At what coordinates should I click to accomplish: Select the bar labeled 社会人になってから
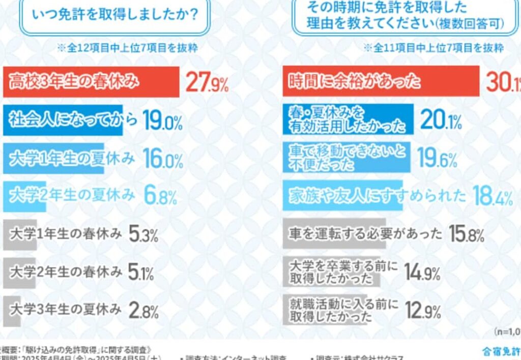(63, 121)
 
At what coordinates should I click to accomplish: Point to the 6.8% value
(160, 195)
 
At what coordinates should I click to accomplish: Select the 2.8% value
(143, 310)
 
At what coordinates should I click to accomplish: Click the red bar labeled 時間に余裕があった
(381, 81)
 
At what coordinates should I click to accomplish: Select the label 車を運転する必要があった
(365, 234)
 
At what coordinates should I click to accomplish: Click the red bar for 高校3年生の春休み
(91, 81)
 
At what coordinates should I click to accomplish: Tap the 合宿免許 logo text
(501, 351)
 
